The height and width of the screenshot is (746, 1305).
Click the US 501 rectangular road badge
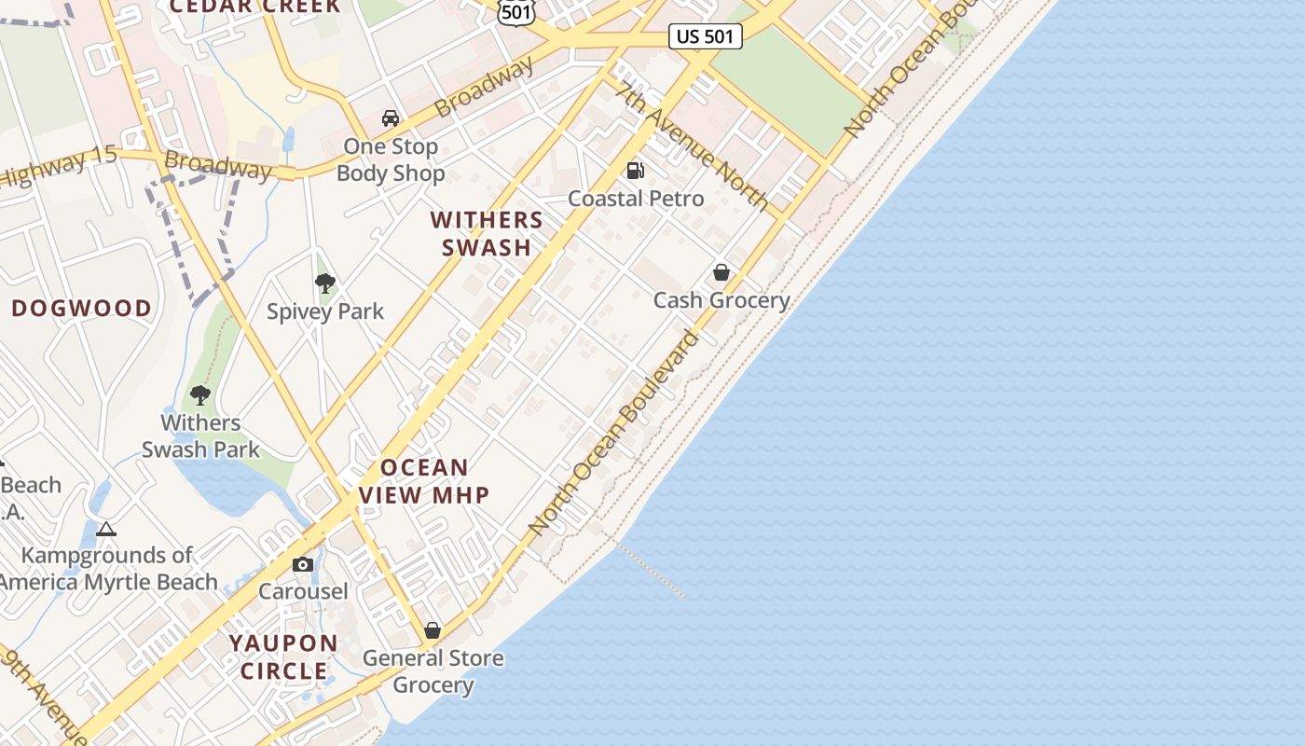706,36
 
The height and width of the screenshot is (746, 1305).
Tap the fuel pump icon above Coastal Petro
636,170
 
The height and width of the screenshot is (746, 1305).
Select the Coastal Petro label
636,199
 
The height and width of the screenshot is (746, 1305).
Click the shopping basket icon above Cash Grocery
721,272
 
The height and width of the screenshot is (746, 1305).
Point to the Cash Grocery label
721,300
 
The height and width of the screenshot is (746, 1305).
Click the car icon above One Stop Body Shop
391,118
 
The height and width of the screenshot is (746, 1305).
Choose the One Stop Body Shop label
391,159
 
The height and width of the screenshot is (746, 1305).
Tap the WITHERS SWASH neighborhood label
487,233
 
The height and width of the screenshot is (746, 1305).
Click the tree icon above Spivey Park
324,283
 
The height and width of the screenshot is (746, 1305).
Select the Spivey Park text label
324,311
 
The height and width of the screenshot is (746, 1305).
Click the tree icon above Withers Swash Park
199,394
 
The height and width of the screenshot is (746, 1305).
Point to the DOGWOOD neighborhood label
81,309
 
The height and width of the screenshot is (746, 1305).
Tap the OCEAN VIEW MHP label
425,481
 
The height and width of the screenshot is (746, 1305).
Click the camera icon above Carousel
302,564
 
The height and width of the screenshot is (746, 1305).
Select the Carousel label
302,591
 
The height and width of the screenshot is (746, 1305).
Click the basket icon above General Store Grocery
432,630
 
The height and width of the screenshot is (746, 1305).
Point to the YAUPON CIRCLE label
284,656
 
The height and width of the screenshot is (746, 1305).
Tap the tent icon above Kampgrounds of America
106,530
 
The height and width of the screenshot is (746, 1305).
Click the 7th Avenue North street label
693,145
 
